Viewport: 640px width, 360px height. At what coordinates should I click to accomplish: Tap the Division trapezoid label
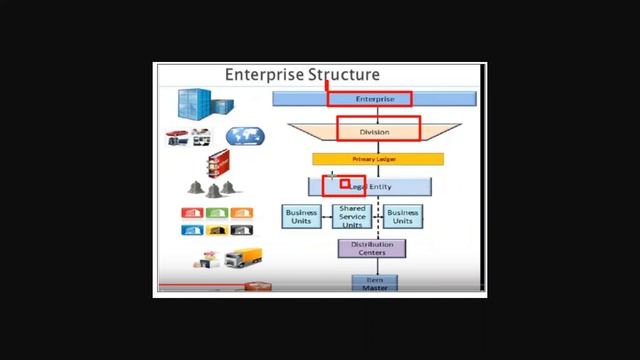coord(376,131)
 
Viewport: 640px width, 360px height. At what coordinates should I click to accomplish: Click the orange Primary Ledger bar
coord(377,159)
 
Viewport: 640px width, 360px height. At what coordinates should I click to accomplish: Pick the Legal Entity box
coord(370,187)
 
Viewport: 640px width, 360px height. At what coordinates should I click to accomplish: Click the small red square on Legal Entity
coord(346,184)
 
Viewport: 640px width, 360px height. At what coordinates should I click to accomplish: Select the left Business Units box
coord(301,216)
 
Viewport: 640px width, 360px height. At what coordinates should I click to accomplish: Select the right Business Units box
coord(402,216)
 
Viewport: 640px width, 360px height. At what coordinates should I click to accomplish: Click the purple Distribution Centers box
coord(372,248)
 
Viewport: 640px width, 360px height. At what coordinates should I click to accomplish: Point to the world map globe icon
coord(242,137)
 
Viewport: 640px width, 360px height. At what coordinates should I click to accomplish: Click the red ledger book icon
coord(218,161)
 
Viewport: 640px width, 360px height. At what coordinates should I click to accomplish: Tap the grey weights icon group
coord(211,188)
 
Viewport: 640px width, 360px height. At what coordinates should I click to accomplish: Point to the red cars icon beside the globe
coord(188,138)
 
